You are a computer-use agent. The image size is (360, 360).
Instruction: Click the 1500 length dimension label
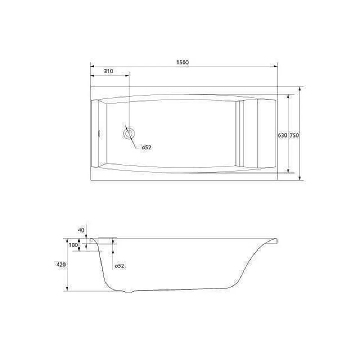(183, 62)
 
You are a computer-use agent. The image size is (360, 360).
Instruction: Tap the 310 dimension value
(108, 71)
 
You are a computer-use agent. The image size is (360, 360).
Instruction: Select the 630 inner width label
(282, 135)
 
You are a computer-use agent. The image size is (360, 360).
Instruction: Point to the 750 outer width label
(294, 135)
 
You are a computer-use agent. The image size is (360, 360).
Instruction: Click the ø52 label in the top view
(147, 147)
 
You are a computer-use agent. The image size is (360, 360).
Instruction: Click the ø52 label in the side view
(120, 266)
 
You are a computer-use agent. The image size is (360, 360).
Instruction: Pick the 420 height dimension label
(61, 265)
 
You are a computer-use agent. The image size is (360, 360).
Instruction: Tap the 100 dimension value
(73, 245)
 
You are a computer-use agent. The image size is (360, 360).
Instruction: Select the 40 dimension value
(81, 230)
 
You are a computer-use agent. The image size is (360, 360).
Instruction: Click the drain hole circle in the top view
(129, 134)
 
